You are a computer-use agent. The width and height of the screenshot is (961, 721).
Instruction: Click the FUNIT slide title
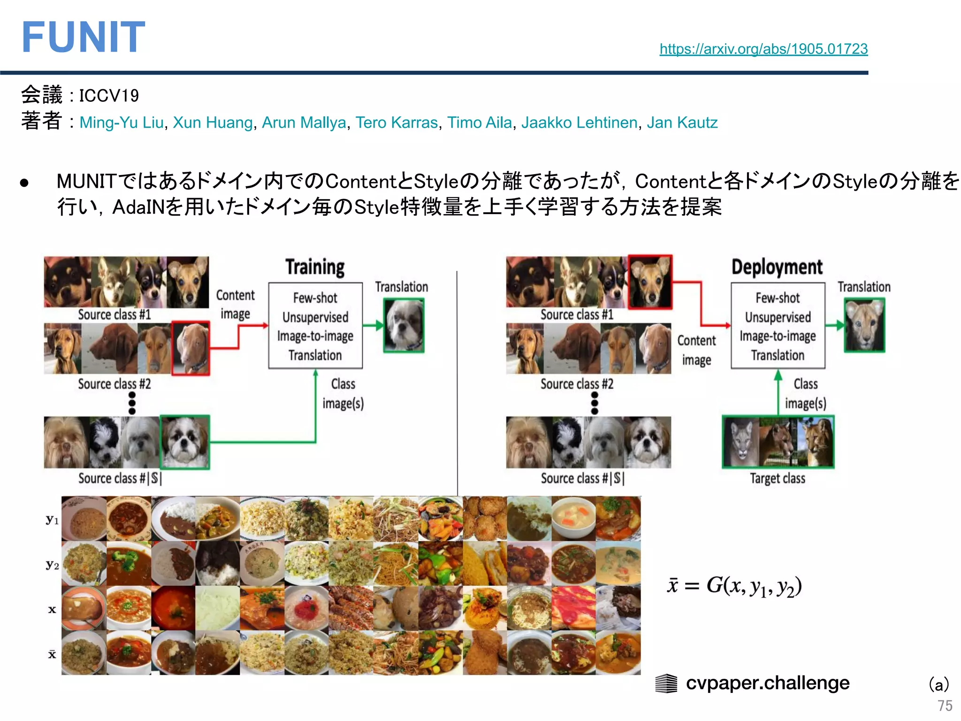click(84, 38)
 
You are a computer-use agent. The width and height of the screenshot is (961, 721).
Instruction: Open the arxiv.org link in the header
click(763, 49)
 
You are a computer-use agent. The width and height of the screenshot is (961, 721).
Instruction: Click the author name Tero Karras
click(397, 123)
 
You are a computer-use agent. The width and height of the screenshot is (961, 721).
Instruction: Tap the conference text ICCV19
click(109, 96)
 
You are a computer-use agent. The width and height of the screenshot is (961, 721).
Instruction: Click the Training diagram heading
click(315, 267)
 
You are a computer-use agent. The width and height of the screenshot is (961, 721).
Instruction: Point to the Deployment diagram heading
click(777, 267)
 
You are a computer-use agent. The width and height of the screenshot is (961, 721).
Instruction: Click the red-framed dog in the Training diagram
click(191, 348)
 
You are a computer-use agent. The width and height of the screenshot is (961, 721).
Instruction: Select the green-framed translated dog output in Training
click(404, 325)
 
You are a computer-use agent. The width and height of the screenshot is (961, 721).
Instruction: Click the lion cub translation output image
click(864, 325)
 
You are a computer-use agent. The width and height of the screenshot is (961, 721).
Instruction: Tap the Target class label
click(777, 478)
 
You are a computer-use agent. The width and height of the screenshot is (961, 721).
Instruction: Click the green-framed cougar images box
click(778, 442)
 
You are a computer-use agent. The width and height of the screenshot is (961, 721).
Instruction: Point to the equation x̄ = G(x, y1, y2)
click(734, 586)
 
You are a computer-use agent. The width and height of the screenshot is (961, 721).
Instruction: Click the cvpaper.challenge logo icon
click(666, 683)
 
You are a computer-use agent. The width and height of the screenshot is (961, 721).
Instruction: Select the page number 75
click(945, 706)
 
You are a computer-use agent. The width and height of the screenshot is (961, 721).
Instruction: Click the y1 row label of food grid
click(52, 520)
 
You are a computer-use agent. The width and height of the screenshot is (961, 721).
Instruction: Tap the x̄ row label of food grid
click(52, 654)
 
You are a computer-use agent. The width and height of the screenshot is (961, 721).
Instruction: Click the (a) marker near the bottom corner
click(939, 684)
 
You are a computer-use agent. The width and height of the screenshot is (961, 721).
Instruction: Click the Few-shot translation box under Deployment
click(778, 326)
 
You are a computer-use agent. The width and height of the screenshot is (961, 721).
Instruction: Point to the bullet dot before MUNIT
click(25, 183)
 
